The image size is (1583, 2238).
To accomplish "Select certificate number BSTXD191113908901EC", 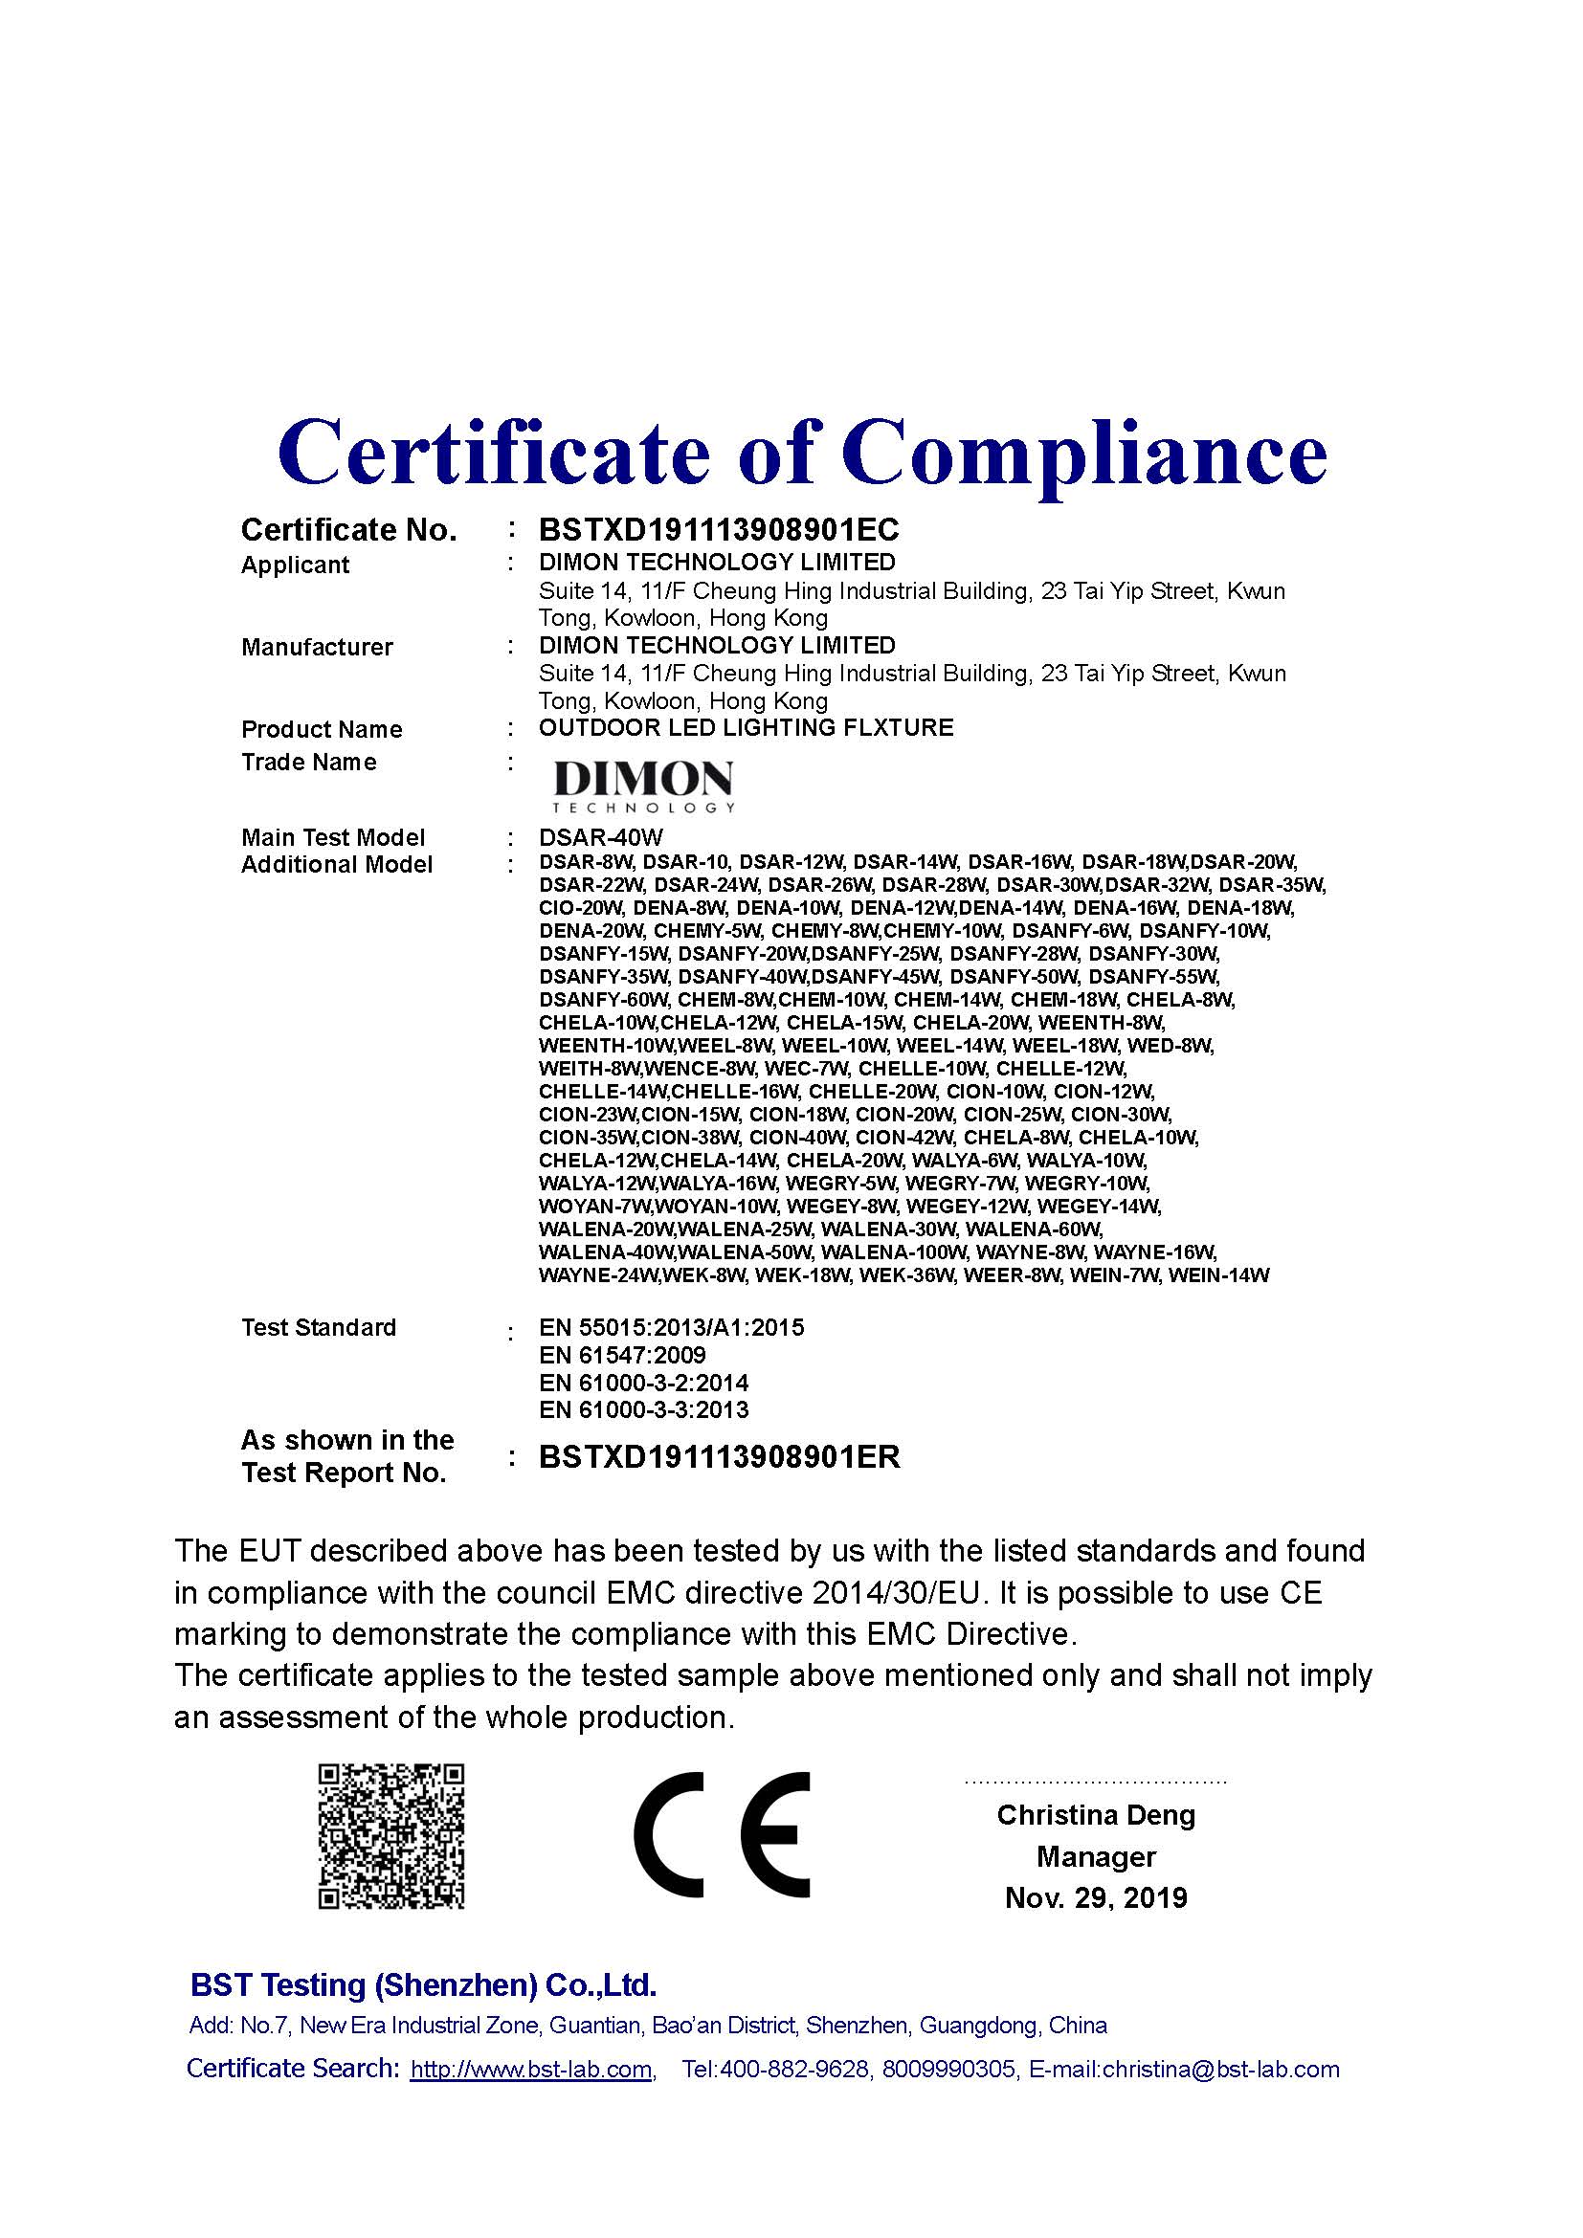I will click(x=719, y=530).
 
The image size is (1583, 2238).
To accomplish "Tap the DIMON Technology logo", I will click(x=643, y=785).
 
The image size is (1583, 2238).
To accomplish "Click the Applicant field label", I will click(x=295, y=565).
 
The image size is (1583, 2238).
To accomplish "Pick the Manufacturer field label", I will click(x=317, y=647).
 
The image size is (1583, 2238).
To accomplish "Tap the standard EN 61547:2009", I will click(x=622, y=1356).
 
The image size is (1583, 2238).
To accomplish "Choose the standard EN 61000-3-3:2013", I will click(x=643, y=1409).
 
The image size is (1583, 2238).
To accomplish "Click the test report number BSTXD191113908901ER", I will click(x=720, y=1457).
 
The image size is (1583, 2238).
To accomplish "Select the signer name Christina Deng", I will click(x=1096, y=1815).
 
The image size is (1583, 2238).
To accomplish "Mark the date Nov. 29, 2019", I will click(x=1096, y=1897).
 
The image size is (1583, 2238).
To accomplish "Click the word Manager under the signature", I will click(x=1096, y=1857).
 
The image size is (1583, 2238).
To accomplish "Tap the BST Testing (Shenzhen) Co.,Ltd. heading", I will click(x=423, y=1984).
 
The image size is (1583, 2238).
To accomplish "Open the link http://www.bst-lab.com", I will click(x=531, y=2070).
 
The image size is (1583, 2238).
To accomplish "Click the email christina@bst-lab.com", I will click(x=1220, y=2070).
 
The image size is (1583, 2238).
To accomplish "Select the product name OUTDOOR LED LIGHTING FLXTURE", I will click(x=746, y=728).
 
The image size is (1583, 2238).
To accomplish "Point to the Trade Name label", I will click(x=308, y=763).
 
